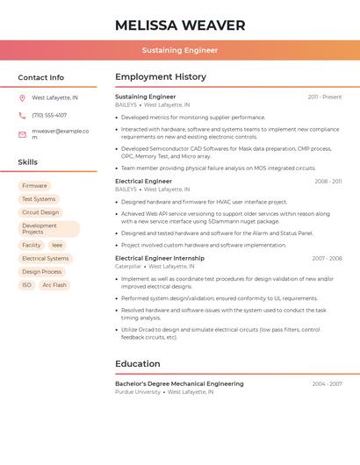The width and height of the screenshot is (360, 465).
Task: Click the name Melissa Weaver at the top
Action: click(179, 25)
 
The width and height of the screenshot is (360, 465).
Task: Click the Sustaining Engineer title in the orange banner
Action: click(179, 50)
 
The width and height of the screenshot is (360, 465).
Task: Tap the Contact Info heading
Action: click(40, 77)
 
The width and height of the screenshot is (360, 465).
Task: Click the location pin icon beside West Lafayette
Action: click(22, 98)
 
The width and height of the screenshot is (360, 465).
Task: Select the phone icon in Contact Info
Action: click(22, 116)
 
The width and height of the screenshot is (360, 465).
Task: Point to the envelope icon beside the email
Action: click(22, 134)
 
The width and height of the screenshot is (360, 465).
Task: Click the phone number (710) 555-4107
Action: click(49, 116)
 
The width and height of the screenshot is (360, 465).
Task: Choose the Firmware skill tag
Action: click(34, 186)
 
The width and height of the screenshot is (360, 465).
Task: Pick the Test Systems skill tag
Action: click(39, 199)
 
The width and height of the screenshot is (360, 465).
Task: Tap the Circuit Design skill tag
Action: click(40, 212)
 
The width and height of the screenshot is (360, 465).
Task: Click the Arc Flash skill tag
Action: click(54, 285)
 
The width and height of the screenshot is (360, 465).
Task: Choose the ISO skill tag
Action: click(26, 285)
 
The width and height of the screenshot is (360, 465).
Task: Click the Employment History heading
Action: click(161, 77)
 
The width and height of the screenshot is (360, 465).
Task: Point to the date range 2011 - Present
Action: click(324, 97)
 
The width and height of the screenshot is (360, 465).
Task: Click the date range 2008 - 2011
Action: click(328, 182)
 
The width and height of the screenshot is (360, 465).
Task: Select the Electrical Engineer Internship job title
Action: click(160, 259)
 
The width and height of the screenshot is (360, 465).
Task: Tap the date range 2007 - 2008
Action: click(327, 259)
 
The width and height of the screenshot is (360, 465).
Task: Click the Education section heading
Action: click(138, 364)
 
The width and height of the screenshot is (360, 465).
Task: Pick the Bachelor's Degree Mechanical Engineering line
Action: click(179, 384)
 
